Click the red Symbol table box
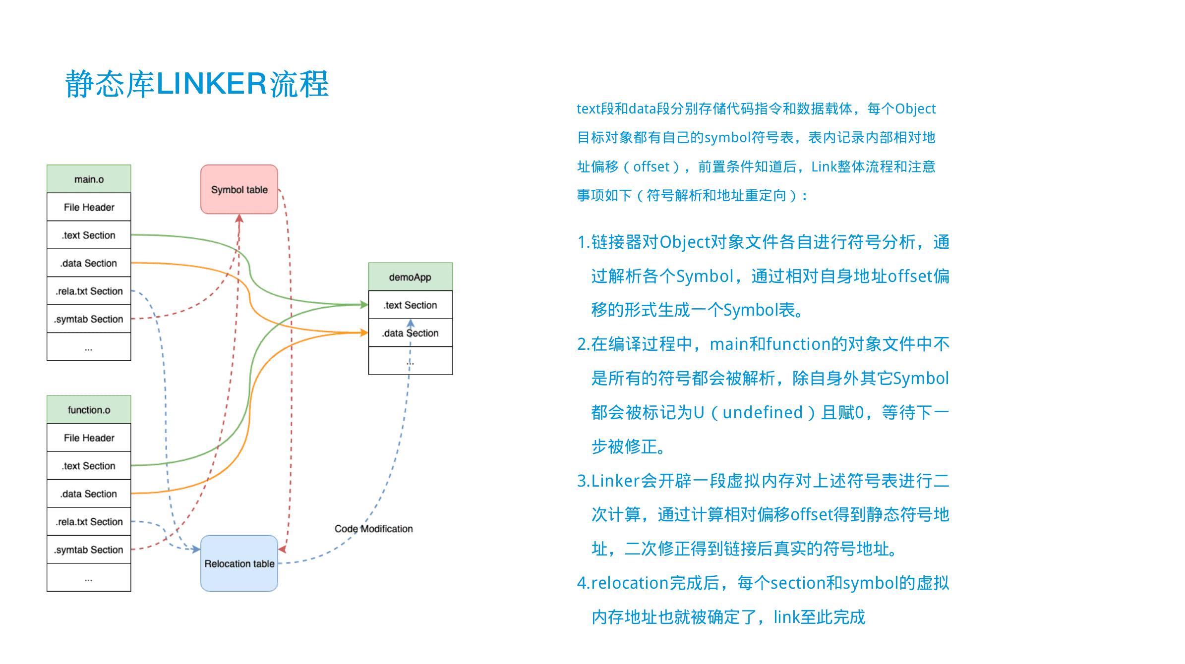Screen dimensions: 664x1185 (x=239, y=189)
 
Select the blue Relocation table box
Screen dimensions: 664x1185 (x=239, y=563)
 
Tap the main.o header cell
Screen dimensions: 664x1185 (x=89, y=179)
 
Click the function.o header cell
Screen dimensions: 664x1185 (x=89, y=410)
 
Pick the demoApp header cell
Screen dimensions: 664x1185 (x=410, y=277)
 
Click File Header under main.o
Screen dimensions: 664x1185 (x=89, y=207)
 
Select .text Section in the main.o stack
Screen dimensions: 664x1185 (x=89, y=235)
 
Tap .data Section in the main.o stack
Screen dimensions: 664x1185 (x=89, y=263)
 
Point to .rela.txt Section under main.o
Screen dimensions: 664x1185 (x=89, y=291)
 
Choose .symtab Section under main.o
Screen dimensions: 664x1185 (x=89, y=319)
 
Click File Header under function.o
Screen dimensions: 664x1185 (x=89, y=438)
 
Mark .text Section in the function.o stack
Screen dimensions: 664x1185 (x=89, y=466)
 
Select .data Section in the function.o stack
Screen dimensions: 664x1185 (x=89, y=494)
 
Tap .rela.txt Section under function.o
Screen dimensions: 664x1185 (x=89, y=522)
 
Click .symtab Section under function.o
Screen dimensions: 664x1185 (x=89, y=550)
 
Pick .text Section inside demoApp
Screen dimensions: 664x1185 (x=410, y=305)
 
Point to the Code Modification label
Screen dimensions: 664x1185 (x=373, y=529)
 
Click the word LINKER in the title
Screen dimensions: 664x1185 (x=212, y=83)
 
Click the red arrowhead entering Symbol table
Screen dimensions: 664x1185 (x=239, y=219)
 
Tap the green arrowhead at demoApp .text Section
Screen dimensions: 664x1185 (x=364, y=305)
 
